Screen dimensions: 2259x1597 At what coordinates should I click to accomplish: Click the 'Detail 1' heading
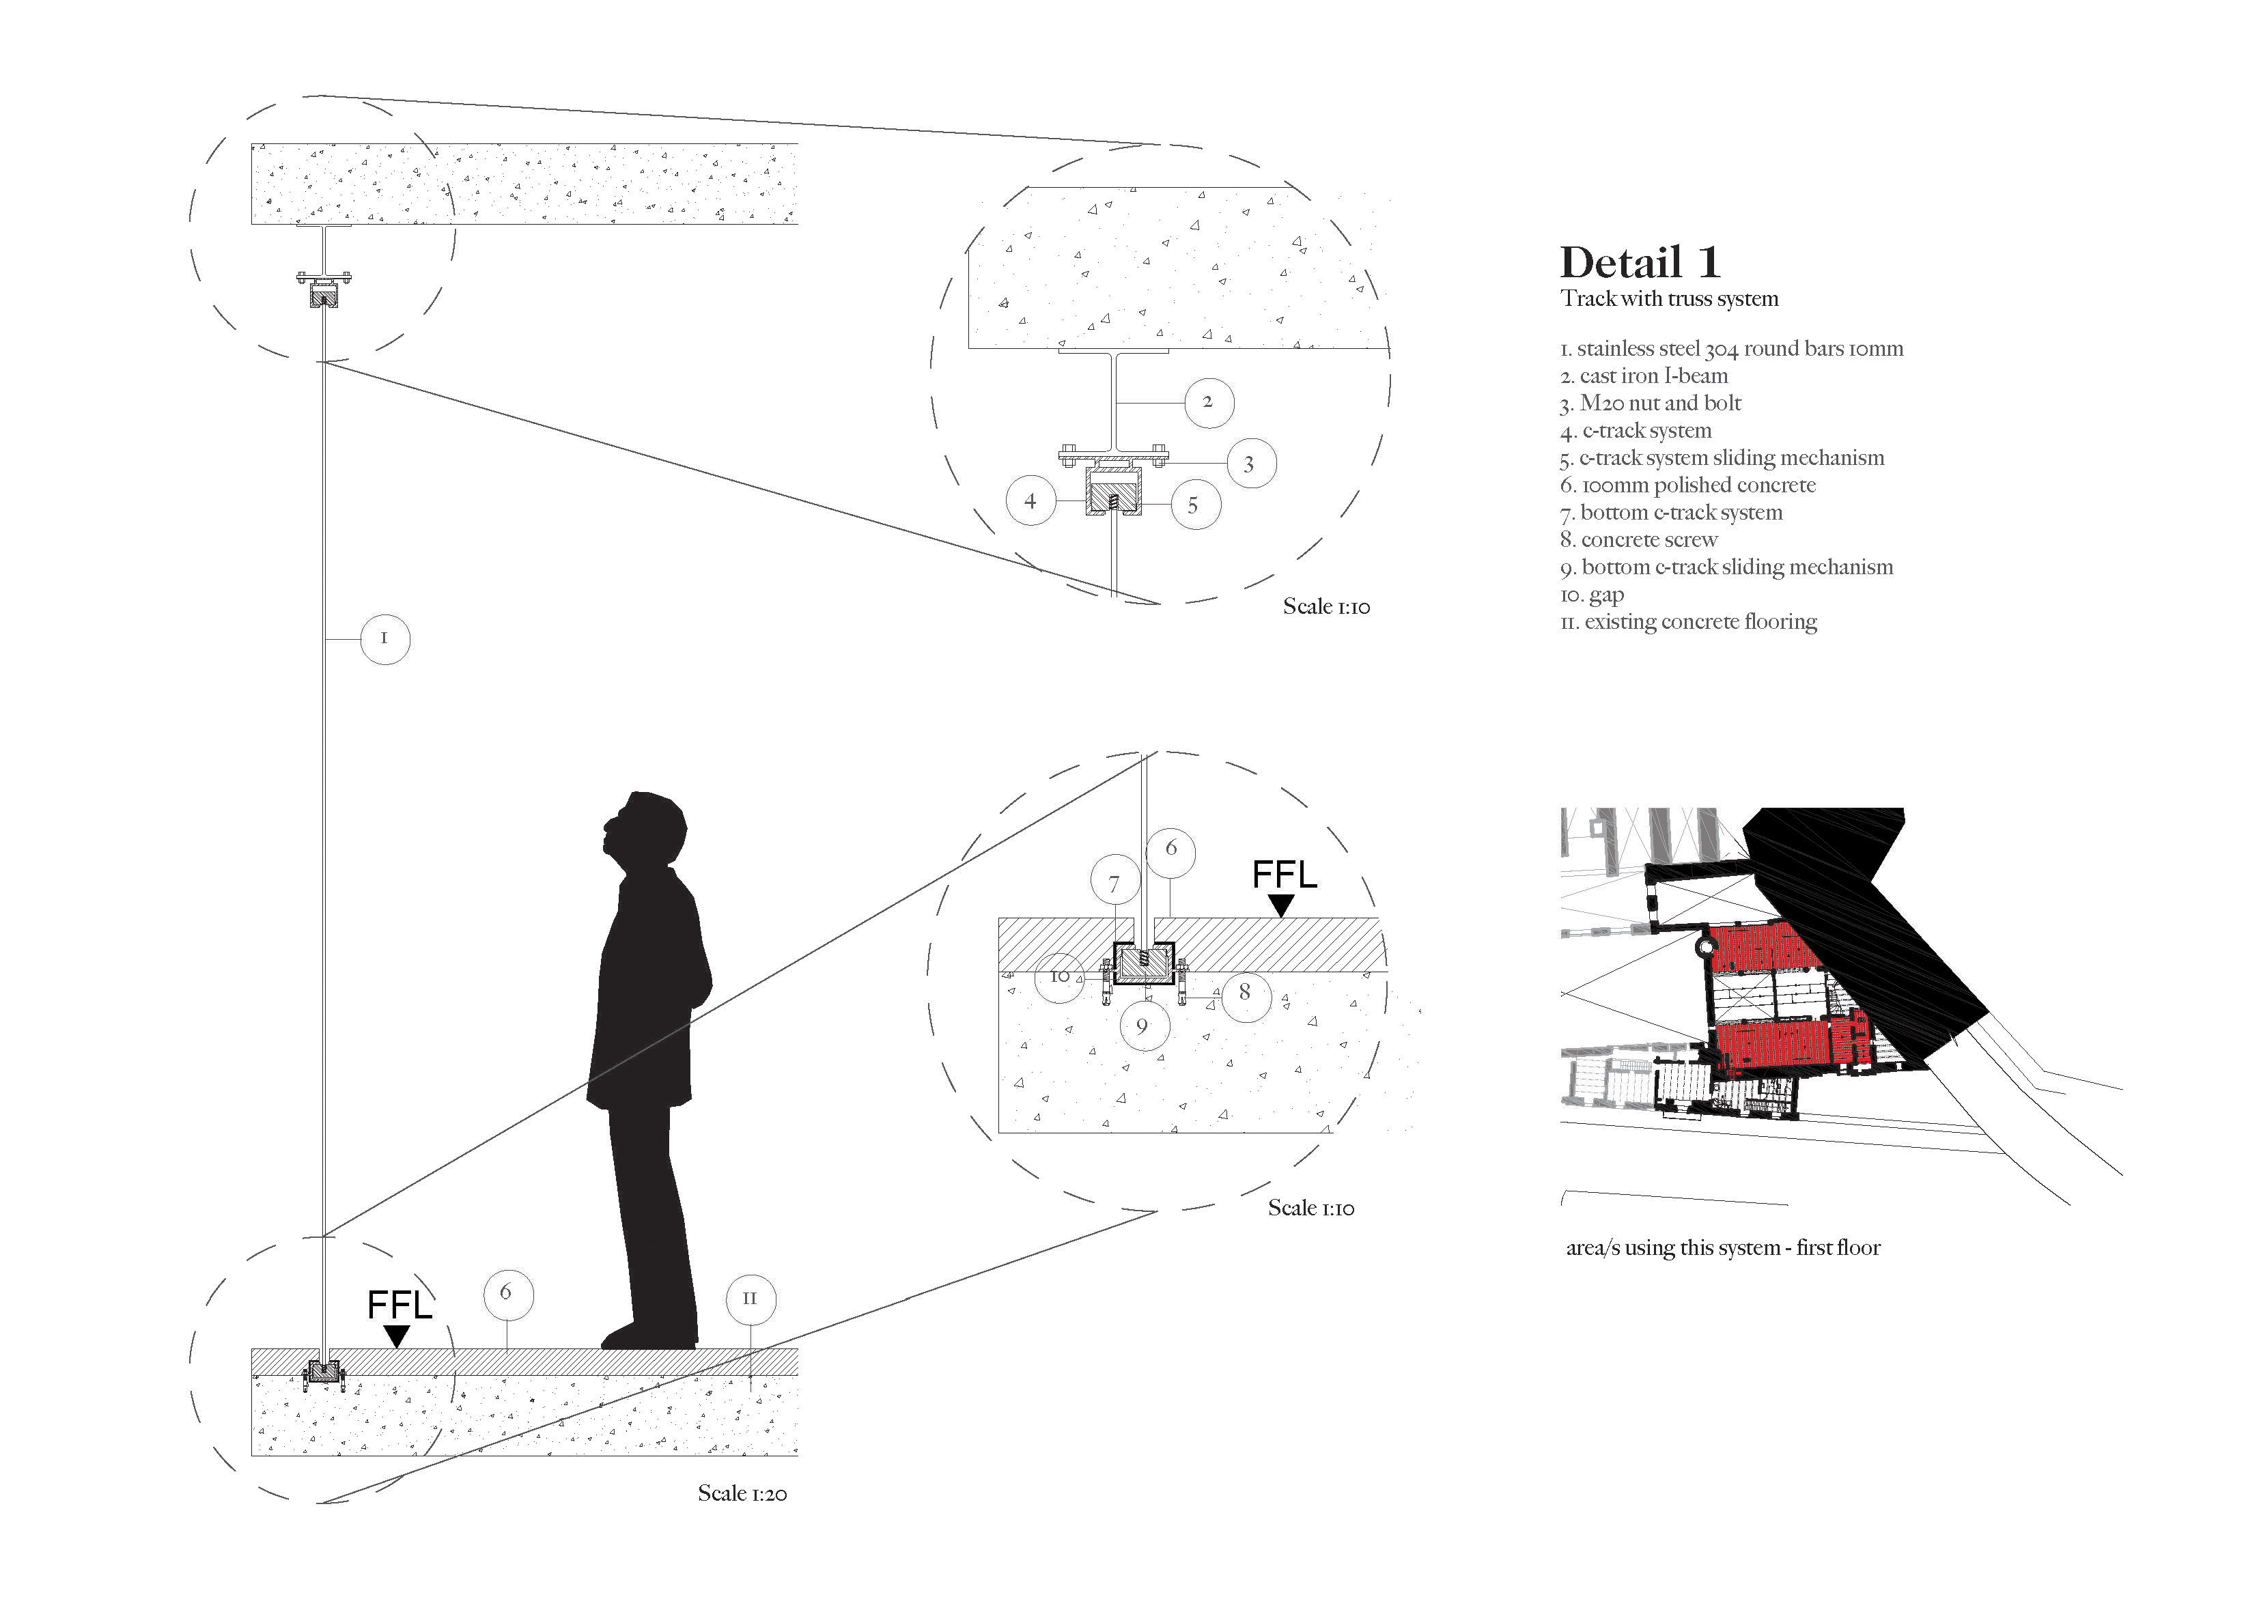click(x=1640, y=263)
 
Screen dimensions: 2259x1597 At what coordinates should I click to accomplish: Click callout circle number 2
click(x=1208, y=401)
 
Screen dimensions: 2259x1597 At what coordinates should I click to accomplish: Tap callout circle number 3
click(x=1250, y=464)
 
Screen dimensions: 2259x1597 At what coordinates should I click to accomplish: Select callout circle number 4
click(x=1030, y=502)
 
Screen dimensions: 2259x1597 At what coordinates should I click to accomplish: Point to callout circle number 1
click(x=384, y=638)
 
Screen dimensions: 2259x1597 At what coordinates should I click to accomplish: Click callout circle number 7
click(x=1114, y=884)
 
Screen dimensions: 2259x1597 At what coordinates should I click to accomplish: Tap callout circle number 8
click(x=1246, y=992)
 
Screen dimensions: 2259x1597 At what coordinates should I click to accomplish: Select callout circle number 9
click(x=1143, y=1026)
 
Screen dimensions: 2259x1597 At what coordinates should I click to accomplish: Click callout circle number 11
click(x=750, y=1299)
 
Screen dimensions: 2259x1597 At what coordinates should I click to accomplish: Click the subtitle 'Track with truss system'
click(x=1669, y=299)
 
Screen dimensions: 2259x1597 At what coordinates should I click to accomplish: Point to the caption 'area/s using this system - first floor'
click(x=1723, y=1247)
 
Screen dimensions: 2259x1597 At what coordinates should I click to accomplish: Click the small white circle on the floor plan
click(x=1705, y=946)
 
